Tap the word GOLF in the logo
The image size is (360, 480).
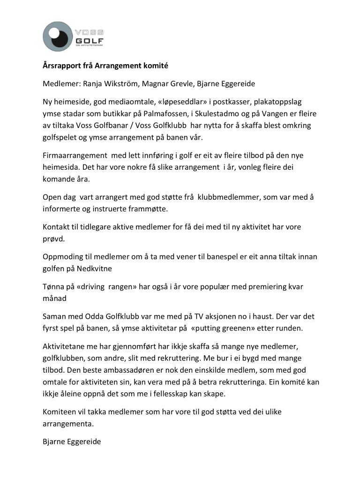coord(89,41)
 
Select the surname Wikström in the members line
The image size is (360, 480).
coord(122,84)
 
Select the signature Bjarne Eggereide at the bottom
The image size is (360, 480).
coord(72,442)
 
